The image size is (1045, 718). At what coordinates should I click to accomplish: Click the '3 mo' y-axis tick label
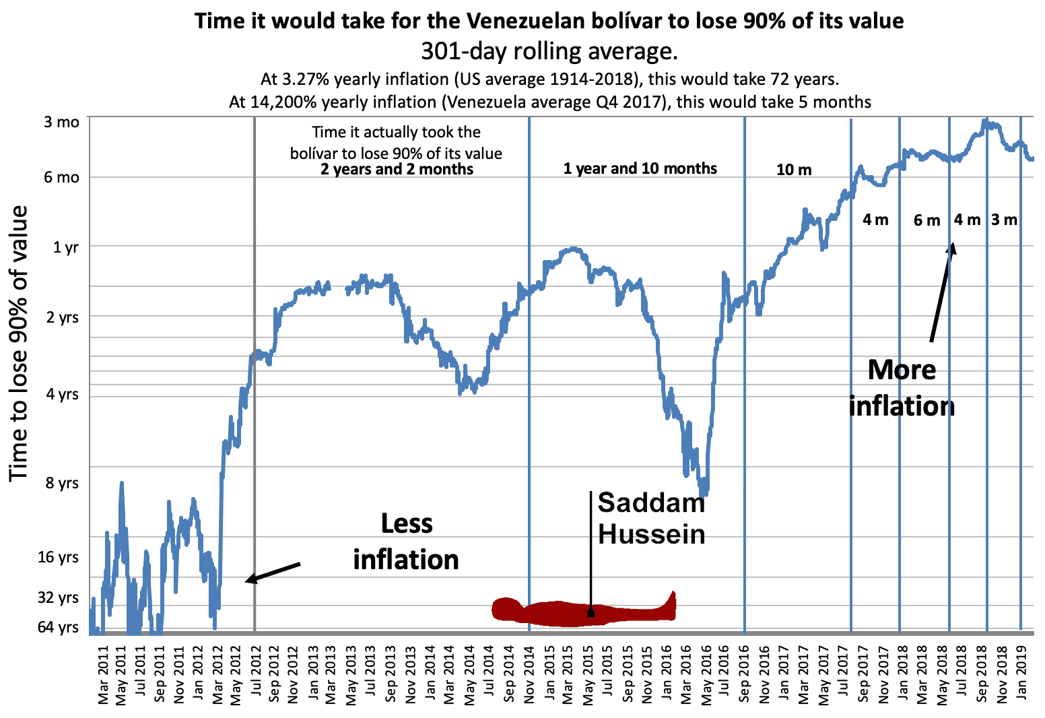click(61, 122)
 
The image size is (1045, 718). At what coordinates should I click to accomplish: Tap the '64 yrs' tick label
click(58, 627)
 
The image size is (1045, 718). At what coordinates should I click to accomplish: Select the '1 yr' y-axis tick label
click(65, 247)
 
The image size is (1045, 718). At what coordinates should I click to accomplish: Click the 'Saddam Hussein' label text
click(651, 518)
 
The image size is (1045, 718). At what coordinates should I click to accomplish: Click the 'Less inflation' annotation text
click(406, 542)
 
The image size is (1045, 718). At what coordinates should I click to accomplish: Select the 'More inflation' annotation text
click(902, 388)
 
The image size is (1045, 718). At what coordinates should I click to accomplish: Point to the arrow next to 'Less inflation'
click(273, 571)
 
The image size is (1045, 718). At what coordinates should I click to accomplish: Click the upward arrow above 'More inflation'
click(942, 293)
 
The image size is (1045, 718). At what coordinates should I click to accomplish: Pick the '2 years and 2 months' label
click(397, 169)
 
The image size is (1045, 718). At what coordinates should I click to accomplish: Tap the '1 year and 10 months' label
click(640, 168)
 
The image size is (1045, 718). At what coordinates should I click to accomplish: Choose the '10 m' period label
click(794, 170)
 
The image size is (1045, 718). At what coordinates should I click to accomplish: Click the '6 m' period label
click(926, 220)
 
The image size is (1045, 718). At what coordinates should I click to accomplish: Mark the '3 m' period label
click(1004, 220)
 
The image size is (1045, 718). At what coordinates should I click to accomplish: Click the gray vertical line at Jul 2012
click(255, 438)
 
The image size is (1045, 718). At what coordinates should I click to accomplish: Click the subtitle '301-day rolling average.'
click(549, 51)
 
